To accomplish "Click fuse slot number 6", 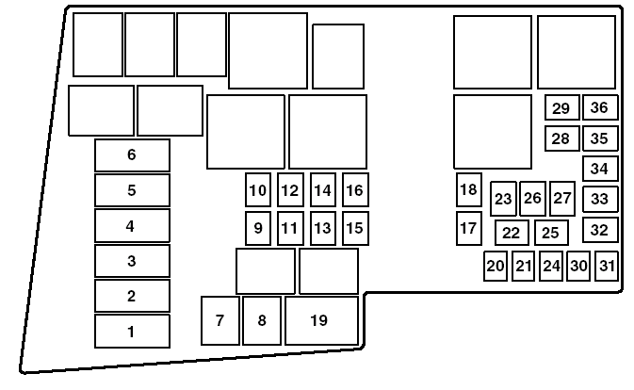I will [132, 155].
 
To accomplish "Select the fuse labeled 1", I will [132, 331].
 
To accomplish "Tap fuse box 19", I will [321, 320].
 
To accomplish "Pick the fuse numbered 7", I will [219, 320].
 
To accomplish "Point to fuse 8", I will [262, 320].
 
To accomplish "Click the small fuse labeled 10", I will [257, 190].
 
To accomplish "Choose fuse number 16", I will [354, 190].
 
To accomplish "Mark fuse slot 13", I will [322, 228].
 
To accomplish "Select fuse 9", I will [257, 228].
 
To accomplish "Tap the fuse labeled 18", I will [468, 189].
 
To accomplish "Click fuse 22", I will [511, 233].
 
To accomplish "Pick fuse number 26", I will [532, 198].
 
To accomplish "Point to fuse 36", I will [599, 107].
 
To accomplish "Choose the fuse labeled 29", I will [561, 107].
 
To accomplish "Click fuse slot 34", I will [599, 169].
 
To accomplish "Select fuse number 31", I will [607, 266].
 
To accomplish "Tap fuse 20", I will [496, 266].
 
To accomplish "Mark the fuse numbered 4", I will [132, 226].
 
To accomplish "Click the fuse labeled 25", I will [551, 232].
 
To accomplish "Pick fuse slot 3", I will [132, 261].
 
